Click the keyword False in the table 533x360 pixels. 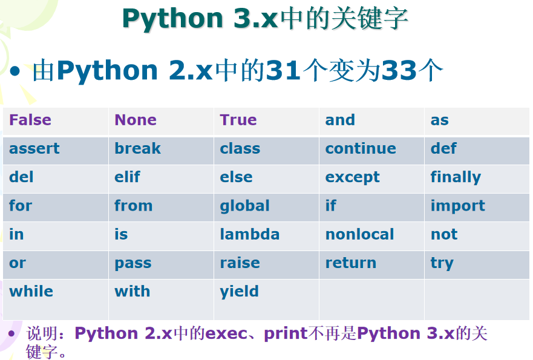[30, 120]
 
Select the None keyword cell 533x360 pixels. [136, 120]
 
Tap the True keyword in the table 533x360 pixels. [238, 120]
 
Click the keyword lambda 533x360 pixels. [250, 234]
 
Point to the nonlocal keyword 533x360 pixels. [359, 234]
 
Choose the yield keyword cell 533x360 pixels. [239, 292]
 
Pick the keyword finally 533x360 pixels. [456, 177]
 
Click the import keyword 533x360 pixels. [457, 206]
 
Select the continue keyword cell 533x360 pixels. [361, 148]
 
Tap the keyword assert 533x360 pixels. [34, 148]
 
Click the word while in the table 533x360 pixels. [31, 291]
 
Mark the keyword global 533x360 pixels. [244, 206]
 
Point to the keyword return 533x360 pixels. [351, 263]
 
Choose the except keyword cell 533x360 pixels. [353, 177]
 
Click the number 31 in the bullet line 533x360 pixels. [284, 71]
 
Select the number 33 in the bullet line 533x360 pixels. [400, 71]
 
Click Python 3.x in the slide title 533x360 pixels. [200, 19]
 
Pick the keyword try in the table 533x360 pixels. [442, 263]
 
